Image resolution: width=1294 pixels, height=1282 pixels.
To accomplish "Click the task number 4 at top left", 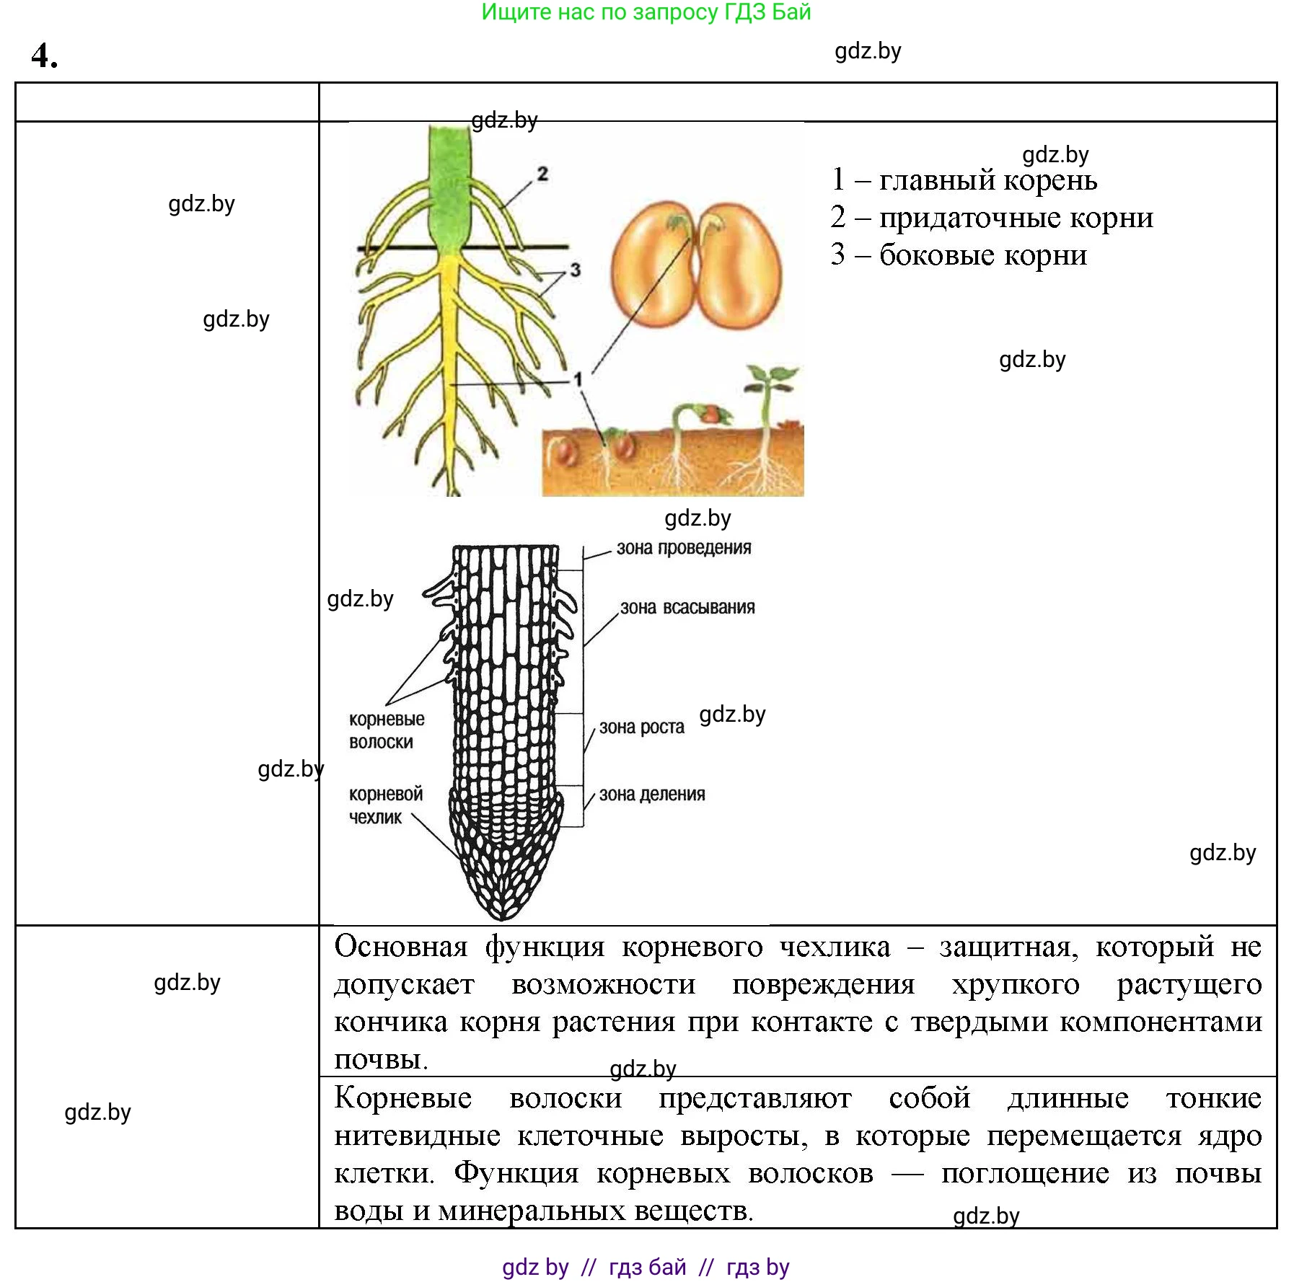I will pyautogui.click(x=43, y=56).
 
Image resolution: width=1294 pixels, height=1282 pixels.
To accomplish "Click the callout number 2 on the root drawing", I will pyautogui.click(x=542, y=173).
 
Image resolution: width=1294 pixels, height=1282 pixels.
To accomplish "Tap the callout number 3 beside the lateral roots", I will pyautogui.click(x=575, y=270).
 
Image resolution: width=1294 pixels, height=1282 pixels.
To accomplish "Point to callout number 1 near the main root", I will pyautogui.click(x=577, y=379).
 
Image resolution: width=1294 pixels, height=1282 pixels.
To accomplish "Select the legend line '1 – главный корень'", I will pyautogui.click(x=964, y=180).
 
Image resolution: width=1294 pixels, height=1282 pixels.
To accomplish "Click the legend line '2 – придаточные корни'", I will pyautogui.click(x=991, y=218).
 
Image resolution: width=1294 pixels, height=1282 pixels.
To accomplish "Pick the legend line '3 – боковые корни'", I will pyautogui.click(x=958, y=255).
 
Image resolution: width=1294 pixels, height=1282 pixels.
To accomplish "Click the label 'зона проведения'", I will pyautogui.click(x=683, y=548).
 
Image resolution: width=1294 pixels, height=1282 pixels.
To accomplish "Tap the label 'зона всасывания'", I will pyautogui.click(x=687, y=608).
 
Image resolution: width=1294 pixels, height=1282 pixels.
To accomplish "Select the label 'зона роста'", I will pyautogui.click(x=641, y=728).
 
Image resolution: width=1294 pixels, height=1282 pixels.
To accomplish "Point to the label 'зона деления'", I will pyautogui.click(x=651, y=795).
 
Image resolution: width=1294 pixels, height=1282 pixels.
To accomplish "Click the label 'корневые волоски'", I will pyautogui.click(x=386, y=730).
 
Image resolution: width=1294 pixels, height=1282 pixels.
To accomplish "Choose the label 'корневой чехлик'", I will pyautogui.click(x=385, y=805).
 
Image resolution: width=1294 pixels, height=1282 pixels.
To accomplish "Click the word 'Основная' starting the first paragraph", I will pyautogui.click(x=400, y=947).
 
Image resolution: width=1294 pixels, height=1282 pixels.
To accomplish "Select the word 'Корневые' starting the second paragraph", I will pyautogui.click(x=402, y=1099).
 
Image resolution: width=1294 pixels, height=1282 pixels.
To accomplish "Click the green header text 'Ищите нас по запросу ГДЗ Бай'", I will pyautogui.click(x=646, y=12).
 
